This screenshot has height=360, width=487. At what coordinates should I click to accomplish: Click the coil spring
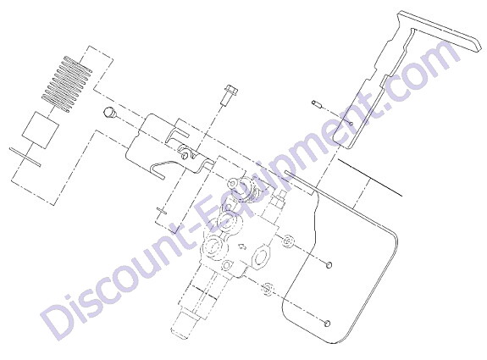[67, 84]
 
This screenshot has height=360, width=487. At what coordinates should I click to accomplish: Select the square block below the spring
[41, 130]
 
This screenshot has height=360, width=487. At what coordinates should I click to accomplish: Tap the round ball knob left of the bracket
[109, 112]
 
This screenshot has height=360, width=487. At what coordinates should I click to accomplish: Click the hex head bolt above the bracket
[229, 94]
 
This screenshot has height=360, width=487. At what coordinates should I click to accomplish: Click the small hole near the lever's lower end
[351, 124]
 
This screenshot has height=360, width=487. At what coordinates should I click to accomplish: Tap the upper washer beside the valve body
[288, 241]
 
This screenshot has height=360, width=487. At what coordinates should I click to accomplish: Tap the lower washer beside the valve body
[268, 289]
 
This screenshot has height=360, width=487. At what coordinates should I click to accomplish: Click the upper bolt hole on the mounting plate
[329, 265]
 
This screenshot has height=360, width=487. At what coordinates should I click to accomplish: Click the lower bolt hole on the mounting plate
[326, 324]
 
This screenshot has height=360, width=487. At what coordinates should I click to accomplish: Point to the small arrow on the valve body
[241, 247]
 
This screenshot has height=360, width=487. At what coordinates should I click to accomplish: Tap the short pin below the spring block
[25, 157]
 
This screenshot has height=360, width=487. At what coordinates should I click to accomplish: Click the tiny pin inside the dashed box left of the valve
[162, 211]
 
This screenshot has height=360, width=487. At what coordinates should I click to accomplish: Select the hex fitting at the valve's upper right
[277, 199]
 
